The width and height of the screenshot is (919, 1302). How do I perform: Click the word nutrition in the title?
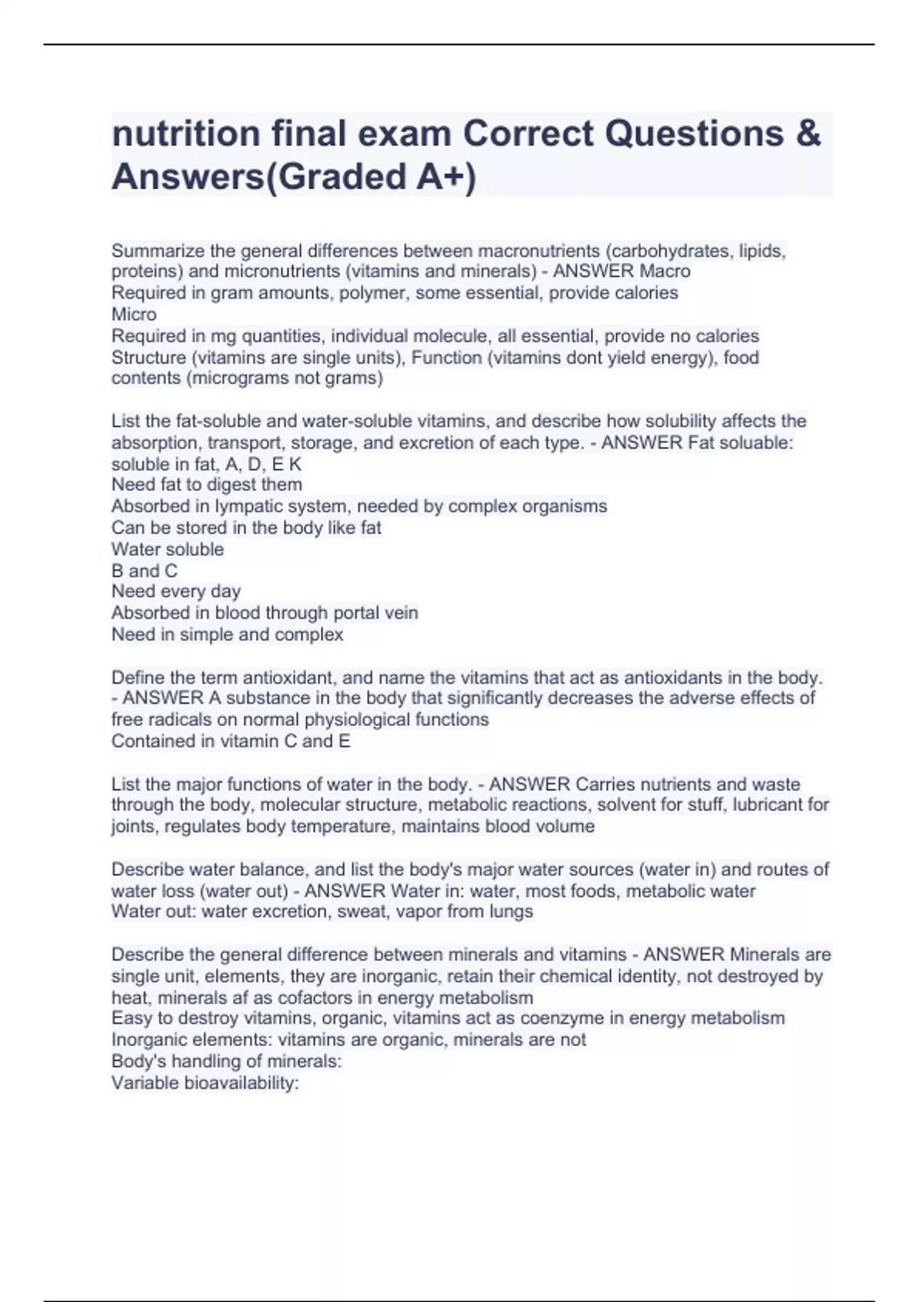185,133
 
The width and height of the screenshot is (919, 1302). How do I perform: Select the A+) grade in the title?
446,177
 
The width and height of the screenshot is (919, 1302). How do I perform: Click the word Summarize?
158,250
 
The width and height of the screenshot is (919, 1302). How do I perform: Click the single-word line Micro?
134,314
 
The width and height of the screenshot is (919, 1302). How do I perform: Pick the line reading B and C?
144,571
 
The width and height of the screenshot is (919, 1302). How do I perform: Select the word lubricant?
770,805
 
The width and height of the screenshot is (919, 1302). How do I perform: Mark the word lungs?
510,911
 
